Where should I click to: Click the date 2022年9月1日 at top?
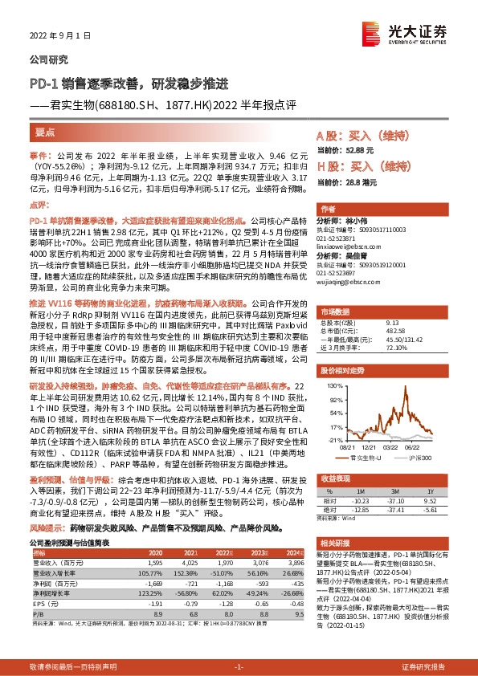click(x=55, y=35)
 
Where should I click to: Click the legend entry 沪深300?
click(x=418, y=458)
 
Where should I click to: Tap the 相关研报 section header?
click(x=331, y=519)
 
